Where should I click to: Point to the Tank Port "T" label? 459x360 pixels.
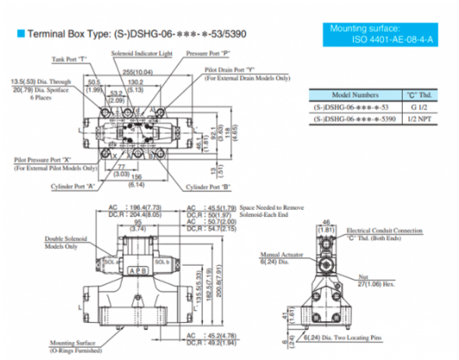click(69, 60)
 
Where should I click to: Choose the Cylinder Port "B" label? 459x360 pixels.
click(211, 186)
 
